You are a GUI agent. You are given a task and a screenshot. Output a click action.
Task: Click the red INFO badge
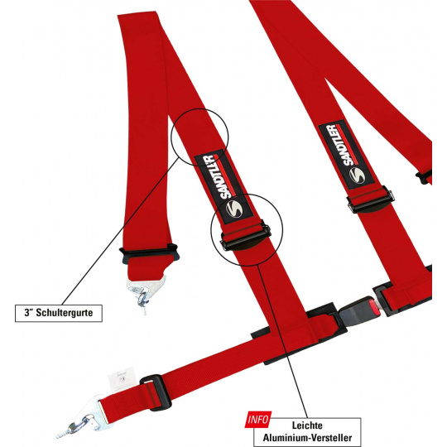click(x=257, y=420)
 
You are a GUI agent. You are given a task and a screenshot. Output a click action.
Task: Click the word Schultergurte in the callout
click(x=65, y=312)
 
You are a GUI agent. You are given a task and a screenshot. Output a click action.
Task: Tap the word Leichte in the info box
click(x=307, y=425)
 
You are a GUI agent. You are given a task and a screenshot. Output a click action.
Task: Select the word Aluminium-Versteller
click(x=307, y=438)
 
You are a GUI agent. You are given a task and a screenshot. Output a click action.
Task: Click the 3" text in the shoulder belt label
click(x=28, y=312)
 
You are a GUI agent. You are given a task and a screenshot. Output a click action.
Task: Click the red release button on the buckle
click(x=376, y=310)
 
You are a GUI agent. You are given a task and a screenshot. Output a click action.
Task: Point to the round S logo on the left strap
click(x=234, y=209)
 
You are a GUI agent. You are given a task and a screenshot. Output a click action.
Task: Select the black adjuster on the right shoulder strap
click(x=371, y=200)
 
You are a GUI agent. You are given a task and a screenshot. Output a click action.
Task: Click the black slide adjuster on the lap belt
click(x=156, y=392)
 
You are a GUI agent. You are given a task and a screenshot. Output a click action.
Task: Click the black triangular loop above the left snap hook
click(x=149, y=254)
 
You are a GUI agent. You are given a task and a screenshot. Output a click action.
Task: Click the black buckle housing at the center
click(x=356, y=310)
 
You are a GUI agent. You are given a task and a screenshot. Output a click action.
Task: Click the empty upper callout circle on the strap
click(x=199, y=137)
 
